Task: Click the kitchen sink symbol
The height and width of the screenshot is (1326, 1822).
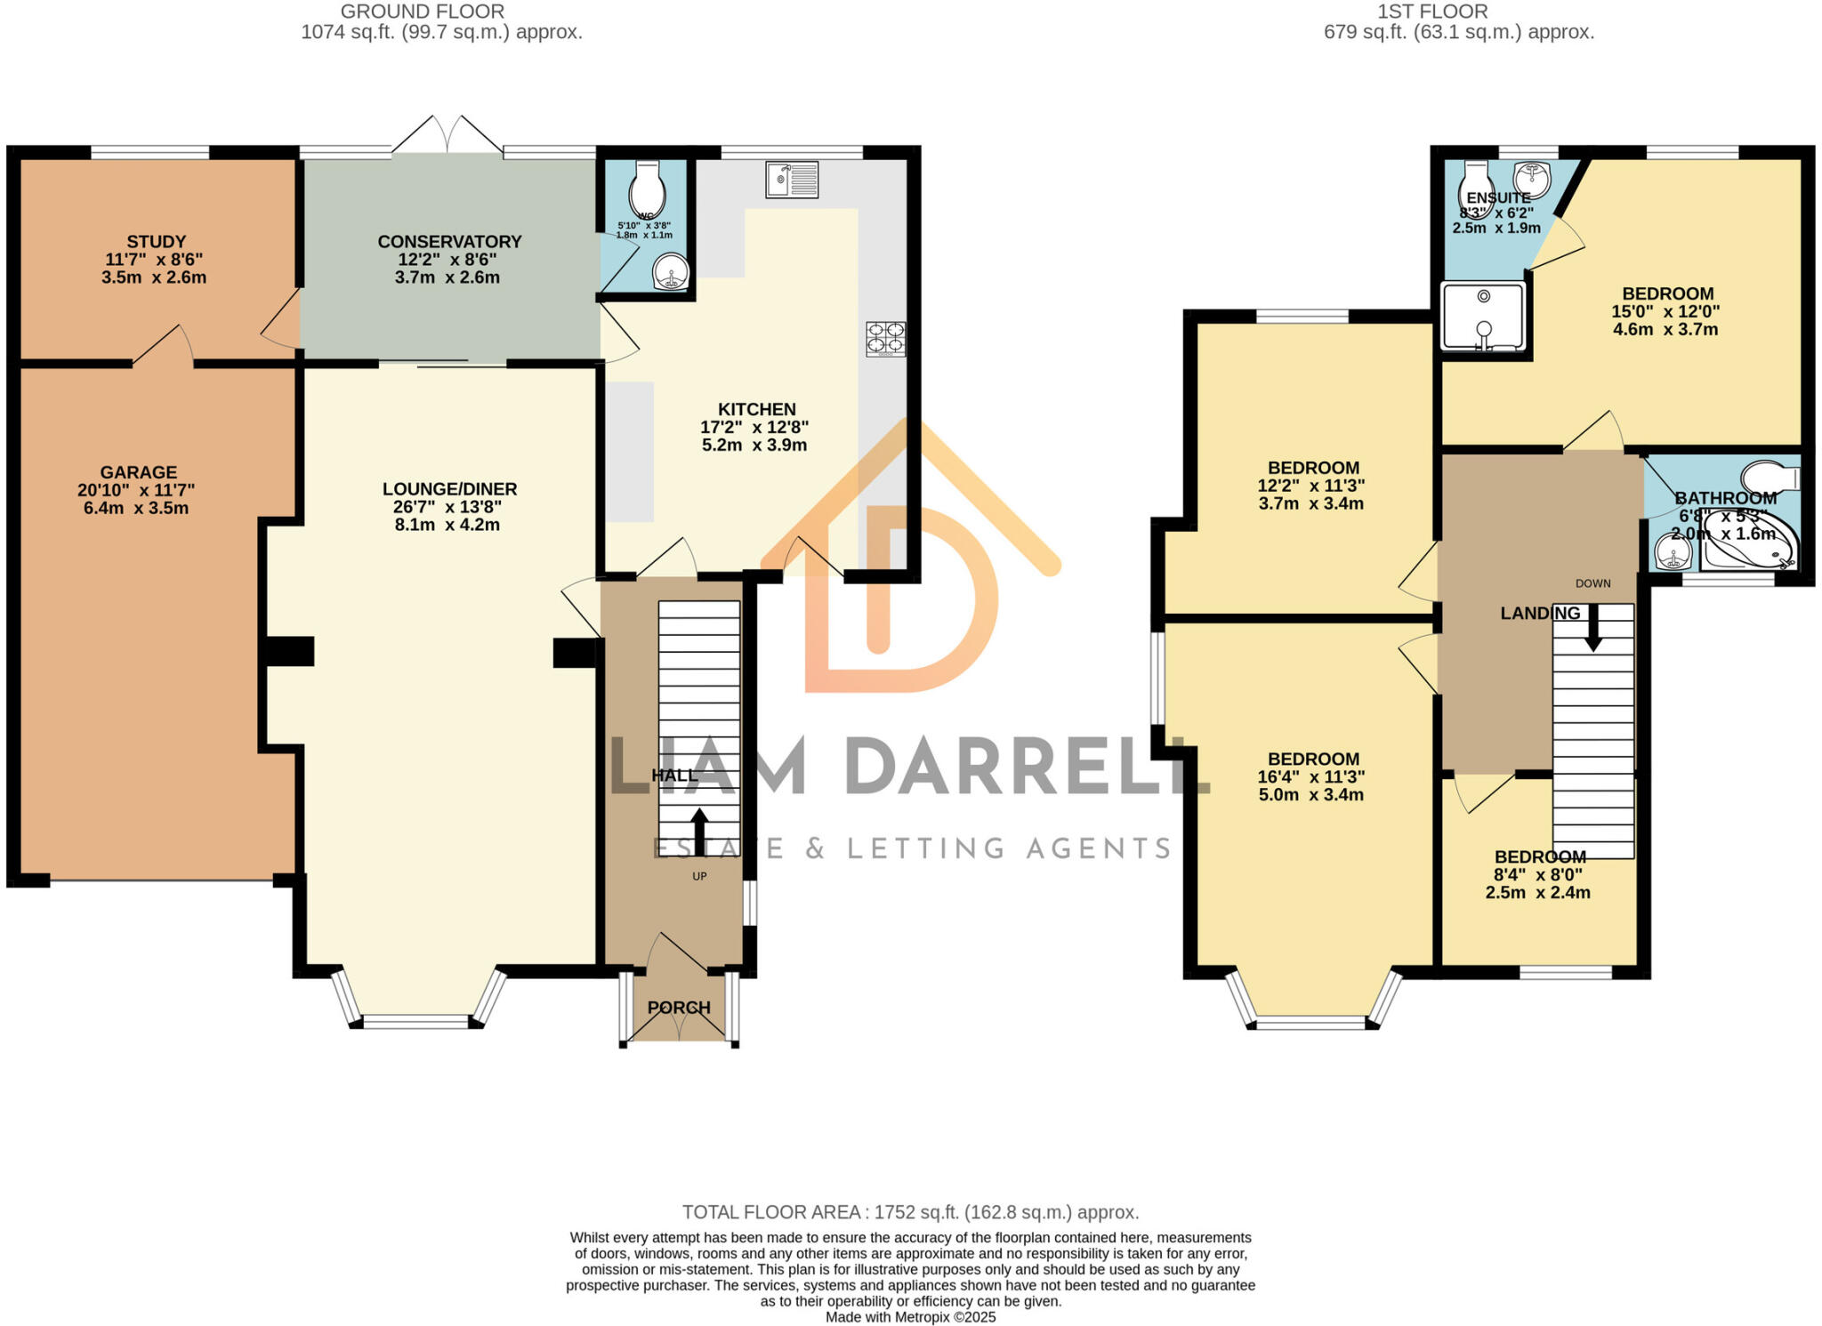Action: coord(792,180)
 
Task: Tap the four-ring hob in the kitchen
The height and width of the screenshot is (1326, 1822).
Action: coord(885,339)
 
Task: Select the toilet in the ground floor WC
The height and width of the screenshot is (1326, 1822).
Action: coord(646,187)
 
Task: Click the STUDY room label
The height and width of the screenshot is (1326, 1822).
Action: coord(157,242)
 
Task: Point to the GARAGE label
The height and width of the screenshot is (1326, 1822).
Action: coord(138,472)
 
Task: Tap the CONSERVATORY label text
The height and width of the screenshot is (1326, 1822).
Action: coord(449,242)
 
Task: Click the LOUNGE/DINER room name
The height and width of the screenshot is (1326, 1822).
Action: coord(449,489)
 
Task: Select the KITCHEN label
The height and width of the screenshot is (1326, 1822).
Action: coord(756,409)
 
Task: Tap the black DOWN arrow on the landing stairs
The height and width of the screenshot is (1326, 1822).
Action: coord(1592,626)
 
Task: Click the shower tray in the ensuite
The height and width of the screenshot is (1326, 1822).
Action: coord(1482,316)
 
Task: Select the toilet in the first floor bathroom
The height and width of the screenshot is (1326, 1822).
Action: coord(1770,478)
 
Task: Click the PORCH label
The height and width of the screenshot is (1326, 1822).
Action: coord(679,1008)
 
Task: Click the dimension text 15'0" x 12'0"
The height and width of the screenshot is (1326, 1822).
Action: coord(1665,312)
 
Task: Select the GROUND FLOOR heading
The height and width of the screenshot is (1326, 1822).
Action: coord(423,12)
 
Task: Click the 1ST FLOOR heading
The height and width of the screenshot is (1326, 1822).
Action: coord(1432,12)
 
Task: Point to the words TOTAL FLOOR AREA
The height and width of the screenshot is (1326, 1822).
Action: coord(770,1212)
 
